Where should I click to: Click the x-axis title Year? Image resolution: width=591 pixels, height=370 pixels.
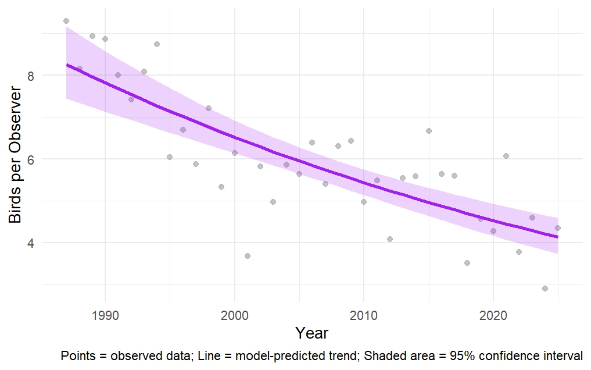point(311,333)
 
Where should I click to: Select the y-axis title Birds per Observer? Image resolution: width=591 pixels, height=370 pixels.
point(16,155)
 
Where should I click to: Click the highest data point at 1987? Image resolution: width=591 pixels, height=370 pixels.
point(66,21)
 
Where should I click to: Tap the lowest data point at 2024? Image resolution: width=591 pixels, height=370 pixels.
point(545,289)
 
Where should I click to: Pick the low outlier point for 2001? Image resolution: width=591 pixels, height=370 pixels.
point(248,256)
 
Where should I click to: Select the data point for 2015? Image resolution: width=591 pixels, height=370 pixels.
point(429,131)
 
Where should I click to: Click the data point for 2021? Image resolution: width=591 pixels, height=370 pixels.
point(506,156)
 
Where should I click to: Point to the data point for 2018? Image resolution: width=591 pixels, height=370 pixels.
point(467,263)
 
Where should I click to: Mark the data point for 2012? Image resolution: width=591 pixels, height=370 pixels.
point(390,239)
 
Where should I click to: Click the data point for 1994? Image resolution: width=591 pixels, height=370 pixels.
point(157,44)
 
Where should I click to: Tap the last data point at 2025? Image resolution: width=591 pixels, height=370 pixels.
point(558,228)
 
